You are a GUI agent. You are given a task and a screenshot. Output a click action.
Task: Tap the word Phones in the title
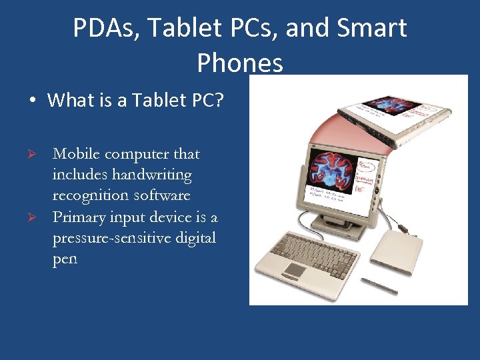tap(240, 63)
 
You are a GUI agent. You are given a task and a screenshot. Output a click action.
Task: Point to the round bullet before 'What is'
tap(31, 101)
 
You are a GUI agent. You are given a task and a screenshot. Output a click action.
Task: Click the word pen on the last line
tap(65, 259)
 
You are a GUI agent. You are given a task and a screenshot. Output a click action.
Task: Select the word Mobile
tap(76, 154)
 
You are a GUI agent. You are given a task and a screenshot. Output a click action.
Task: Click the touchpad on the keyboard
tap(294, 269)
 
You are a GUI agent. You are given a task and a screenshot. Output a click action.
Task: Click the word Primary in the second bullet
tap(78, 218)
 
